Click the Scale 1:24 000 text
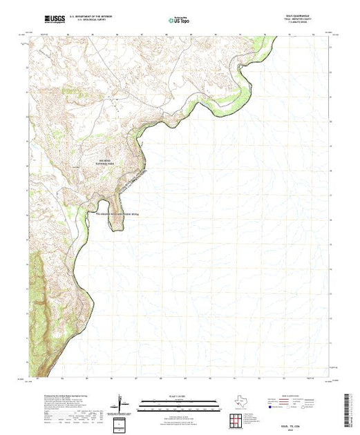point(179,396)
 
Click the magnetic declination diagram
point(120,403)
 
